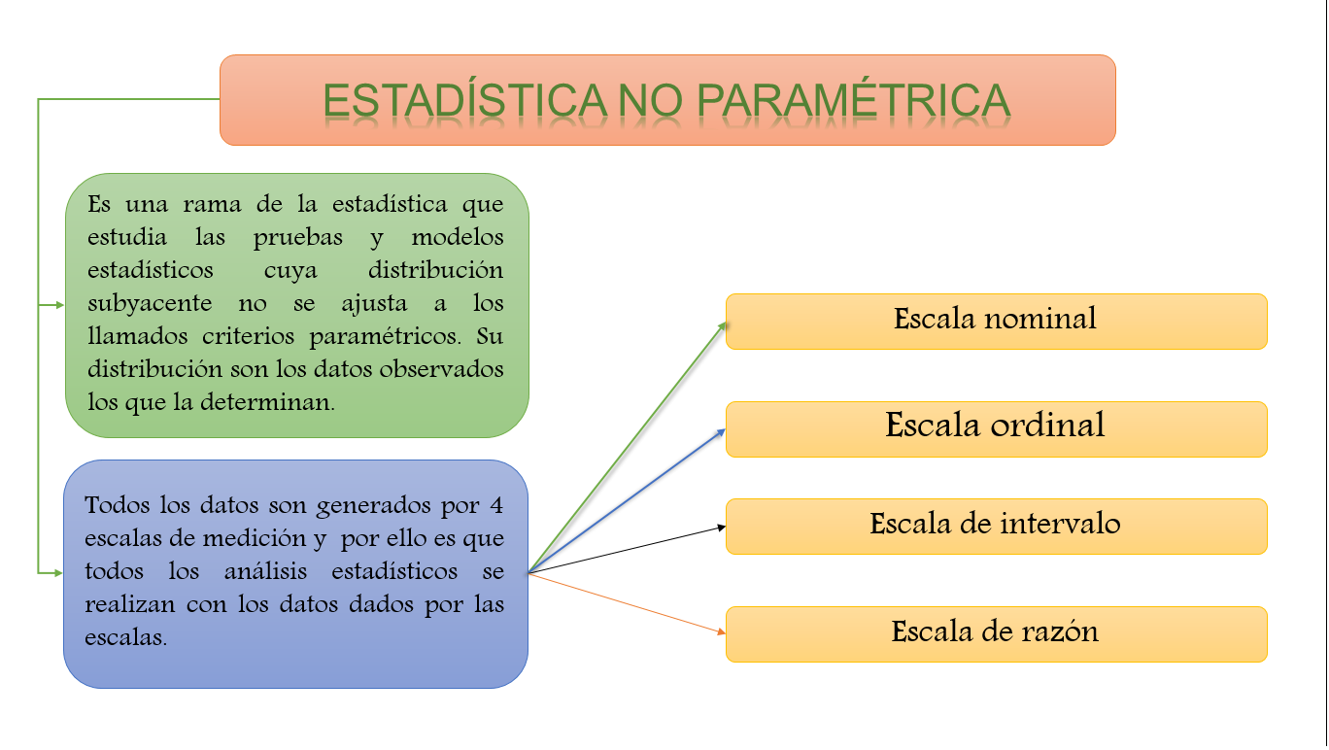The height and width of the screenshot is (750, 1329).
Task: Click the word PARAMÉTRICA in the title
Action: point(853,101)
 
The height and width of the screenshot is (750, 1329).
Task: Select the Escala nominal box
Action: point(996,322)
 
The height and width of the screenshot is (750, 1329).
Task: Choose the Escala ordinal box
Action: point(996,429)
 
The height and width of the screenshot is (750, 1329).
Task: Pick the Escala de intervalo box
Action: point(996,527)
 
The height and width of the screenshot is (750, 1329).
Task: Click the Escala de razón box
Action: point(996,634)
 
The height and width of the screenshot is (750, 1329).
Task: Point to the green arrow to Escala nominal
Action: point(628,448)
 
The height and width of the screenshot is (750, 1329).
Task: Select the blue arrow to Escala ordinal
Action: point(627,500)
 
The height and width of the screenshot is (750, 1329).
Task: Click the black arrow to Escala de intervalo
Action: point(627,550)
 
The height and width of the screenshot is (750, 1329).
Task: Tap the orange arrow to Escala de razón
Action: point(627,603)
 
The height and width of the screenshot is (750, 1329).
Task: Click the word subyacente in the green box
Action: point(150,304)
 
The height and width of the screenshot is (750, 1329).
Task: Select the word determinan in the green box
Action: point(267,402)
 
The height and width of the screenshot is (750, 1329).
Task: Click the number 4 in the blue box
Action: point(496,505)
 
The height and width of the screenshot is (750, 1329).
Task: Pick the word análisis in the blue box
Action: point(266,571)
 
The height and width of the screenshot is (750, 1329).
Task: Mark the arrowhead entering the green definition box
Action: point(59,305)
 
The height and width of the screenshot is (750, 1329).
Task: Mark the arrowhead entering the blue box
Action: point(58,573)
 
